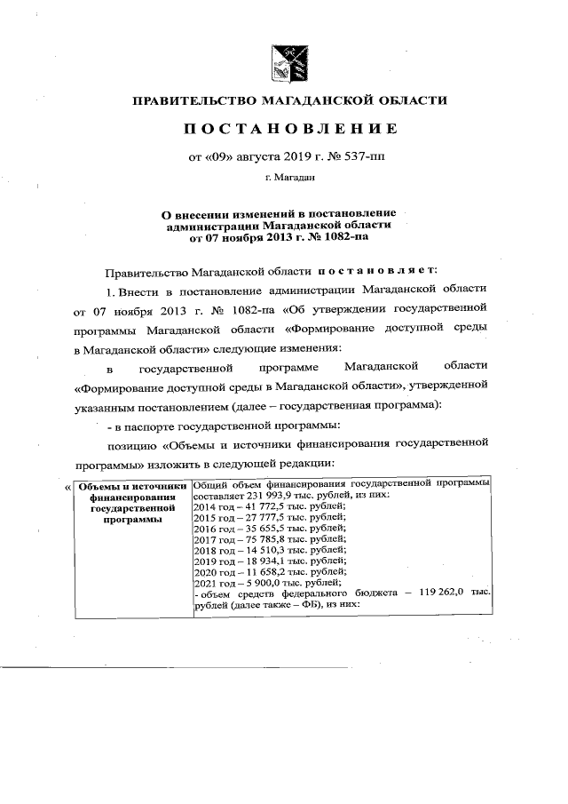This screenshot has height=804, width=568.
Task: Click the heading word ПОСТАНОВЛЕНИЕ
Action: (x=290, y=130)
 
